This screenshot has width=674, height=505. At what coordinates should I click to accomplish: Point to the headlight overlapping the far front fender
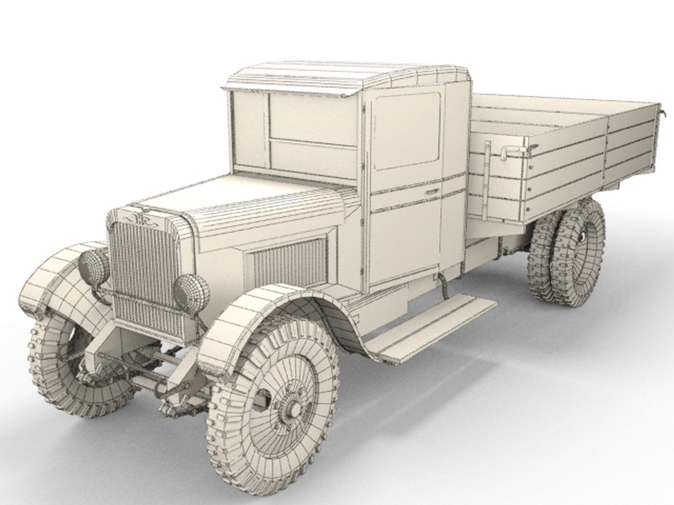(x=94, y=265)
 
